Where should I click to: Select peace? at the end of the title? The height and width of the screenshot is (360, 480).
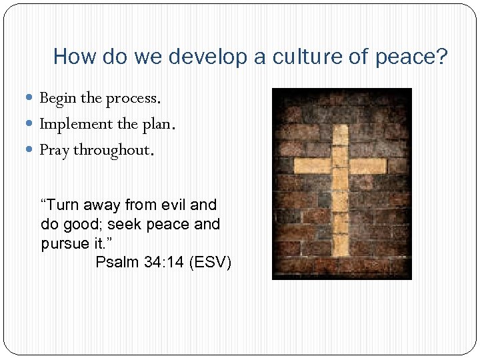tap(411, 57)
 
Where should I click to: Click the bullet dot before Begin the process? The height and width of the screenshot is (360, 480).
tap(33, 98)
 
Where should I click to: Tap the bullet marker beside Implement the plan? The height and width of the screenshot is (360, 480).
tap(33, 124)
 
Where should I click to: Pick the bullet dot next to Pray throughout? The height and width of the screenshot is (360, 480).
tap(33, 150)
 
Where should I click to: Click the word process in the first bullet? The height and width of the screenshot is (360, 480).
tap(131, 99)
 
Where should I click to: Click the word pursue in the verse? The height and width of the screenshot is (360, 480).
tap(63, 244)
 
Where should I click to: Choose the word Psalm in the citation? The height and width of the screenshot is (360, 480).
tap(117, 262)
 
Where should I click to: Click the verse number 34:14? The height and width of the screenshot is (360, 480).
tap(164, 262)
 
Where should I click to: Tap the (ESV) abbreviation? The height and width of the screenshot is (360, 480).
tap(211, 262)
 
